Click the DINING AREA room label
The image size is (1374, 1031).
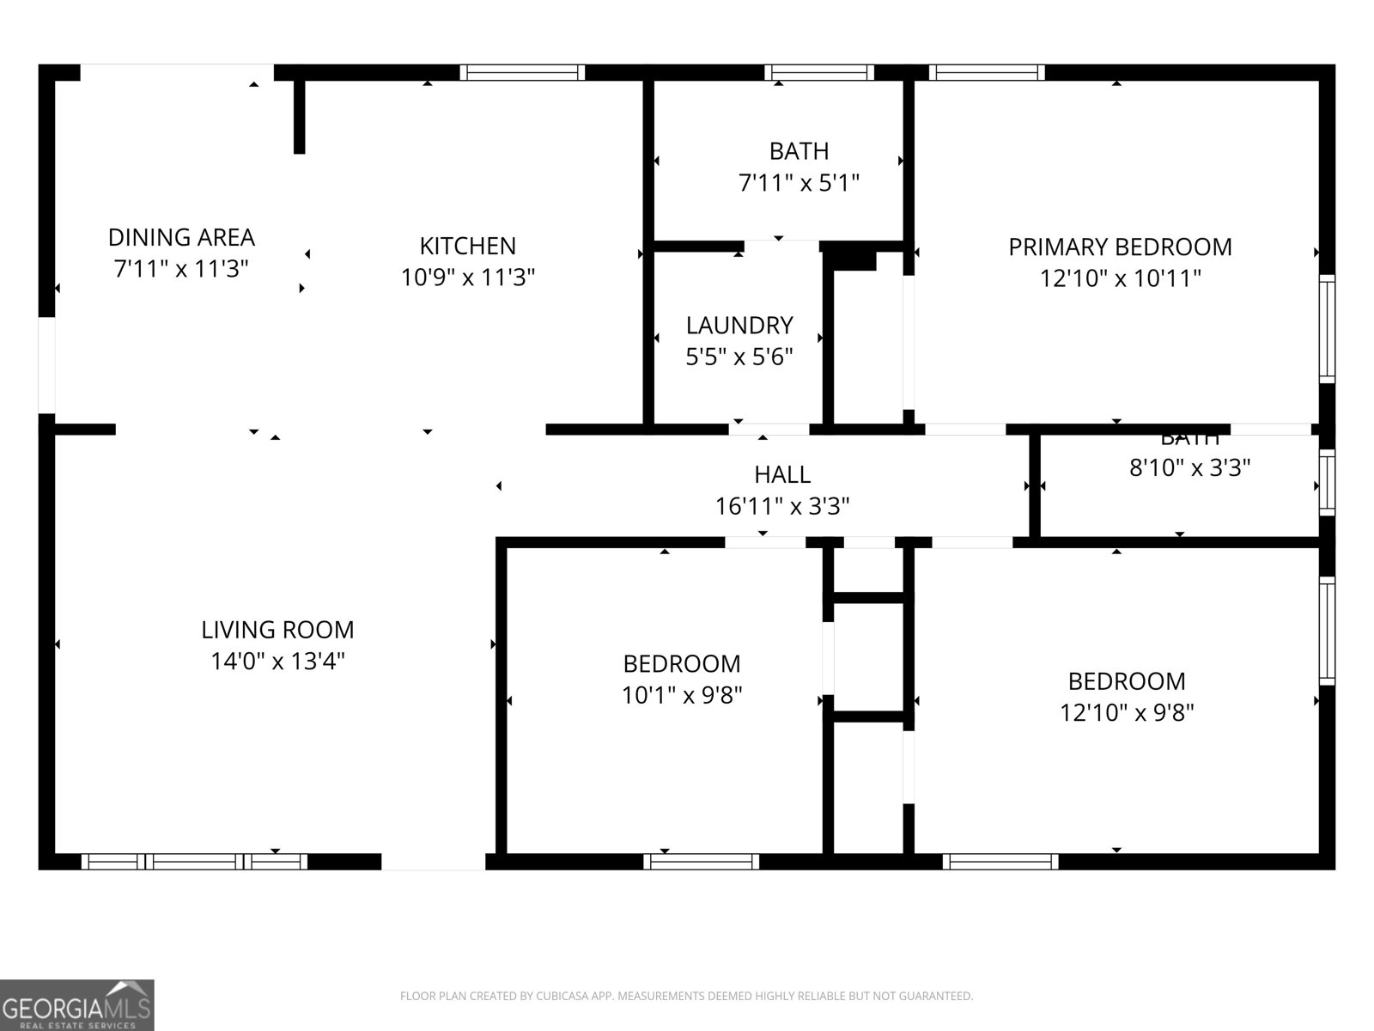(181, 237)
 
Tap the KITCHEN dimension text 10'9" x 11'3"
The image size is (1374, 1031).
(468, 278)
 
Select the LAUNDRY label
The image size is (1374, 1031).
(739, 326)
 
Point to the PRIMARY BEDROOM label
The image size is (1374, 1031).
(1120, 247)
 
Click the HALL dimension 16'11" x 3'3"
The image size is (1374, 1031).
(782, 506)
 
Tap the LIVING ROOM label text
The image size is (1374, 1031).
(277, 630)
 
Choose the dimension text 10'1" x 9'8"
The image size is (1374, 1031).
(682, 695)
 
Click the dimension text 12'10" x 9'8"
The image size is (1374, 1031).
(1127, 712)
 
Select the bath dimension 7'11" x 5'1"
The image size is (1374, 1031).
(799, 183)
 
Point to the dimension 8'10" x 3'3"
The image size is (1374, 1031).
(1189, 468)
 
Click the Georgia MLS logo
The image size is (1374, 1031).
(77, 1005)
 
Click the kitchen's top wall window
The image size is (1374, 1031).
(522, 72)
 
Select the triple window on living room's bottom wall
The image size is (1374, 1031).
(195, 861)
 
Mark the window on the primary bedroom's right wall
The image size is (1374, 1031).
(1327, 328)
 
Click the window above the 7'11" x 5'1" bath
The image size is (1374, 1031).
(819, 72)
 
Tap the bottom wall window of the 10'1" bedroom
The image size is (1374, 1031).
(702, 861)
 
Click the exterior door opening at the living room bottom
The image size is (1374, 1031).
(433, 861)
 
